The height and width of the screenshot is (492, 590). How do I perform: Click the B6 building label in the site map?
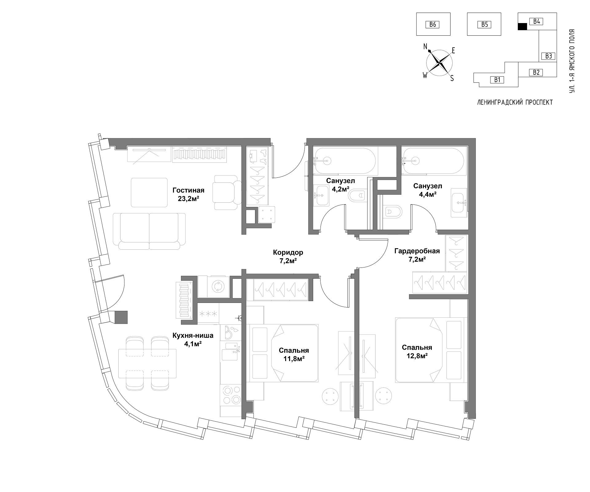432,24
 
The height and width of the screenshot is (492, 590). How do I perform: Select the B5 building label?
484,24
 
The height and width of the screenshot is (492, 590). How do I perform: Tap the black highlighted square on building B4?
522,27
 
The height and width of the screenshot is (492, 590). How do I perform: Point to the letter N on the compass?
426,46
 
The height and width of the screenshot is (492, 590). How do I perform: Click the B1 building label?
497,80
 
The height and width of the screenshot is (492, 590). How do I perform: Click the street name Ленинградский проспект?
515,102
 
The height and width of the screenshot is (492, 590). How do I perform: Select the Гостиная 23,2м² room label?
188,194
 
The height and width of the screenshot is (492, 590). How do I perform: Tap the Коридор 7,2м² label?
288,257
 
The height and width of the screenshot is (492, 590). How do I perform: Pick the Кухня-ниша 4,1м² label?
193,339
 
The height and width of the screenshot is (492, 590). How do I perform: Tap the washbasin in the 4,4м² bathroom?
459,203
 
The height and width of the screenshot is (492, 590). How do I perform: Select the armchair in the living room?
228,193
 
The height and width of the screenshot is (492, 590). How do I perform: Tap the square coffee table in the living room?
150,192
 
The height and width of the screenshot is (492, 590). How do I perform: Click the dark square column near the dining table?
121,317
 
